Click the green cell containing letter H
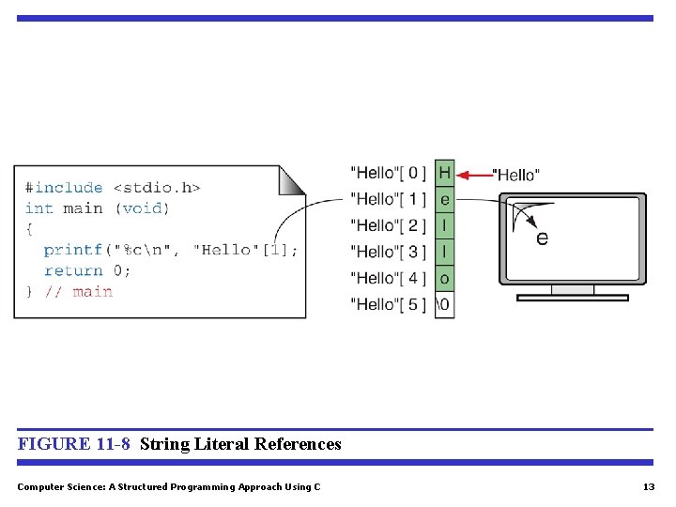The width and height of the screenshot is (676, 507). (444, 173)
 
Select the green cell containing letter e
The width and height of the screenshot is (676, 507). (444, 199)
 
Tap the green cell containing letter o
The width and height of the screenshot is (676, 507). (444, 278)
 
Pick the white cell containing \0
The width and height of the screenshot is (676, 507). (444, 304)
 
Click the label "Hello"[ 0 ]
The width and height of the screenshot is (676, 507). (388, 173)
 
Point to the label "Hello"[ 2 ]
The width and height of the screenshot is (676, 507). (388, 225)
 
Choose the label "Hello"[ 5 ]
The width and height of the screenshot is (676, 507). (388, 304)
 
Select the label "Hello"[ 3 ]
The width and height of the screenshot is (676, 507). (388, 252)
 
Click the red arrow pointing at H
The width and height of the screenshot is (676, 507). (479, 174)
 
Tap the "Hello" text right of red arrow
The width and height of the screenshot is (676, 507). (516, 175)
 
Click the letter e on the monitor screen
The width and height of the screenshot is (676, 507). (542, 238)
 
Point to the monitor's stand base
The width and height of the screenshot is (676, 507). (573, 298)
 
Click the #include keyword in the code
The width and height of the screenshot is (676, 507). (64, 188)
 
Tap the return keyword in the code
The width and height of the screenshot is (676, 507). (73, 270)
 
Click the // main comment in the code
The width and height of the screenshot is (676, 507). (79, 292)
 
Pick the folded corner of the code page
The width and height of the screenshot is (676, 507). (292, 179)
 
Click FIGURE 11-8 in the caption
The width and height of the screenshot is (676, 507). (74, 444)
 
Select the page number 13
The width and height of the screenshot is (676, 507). (649, 487)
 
